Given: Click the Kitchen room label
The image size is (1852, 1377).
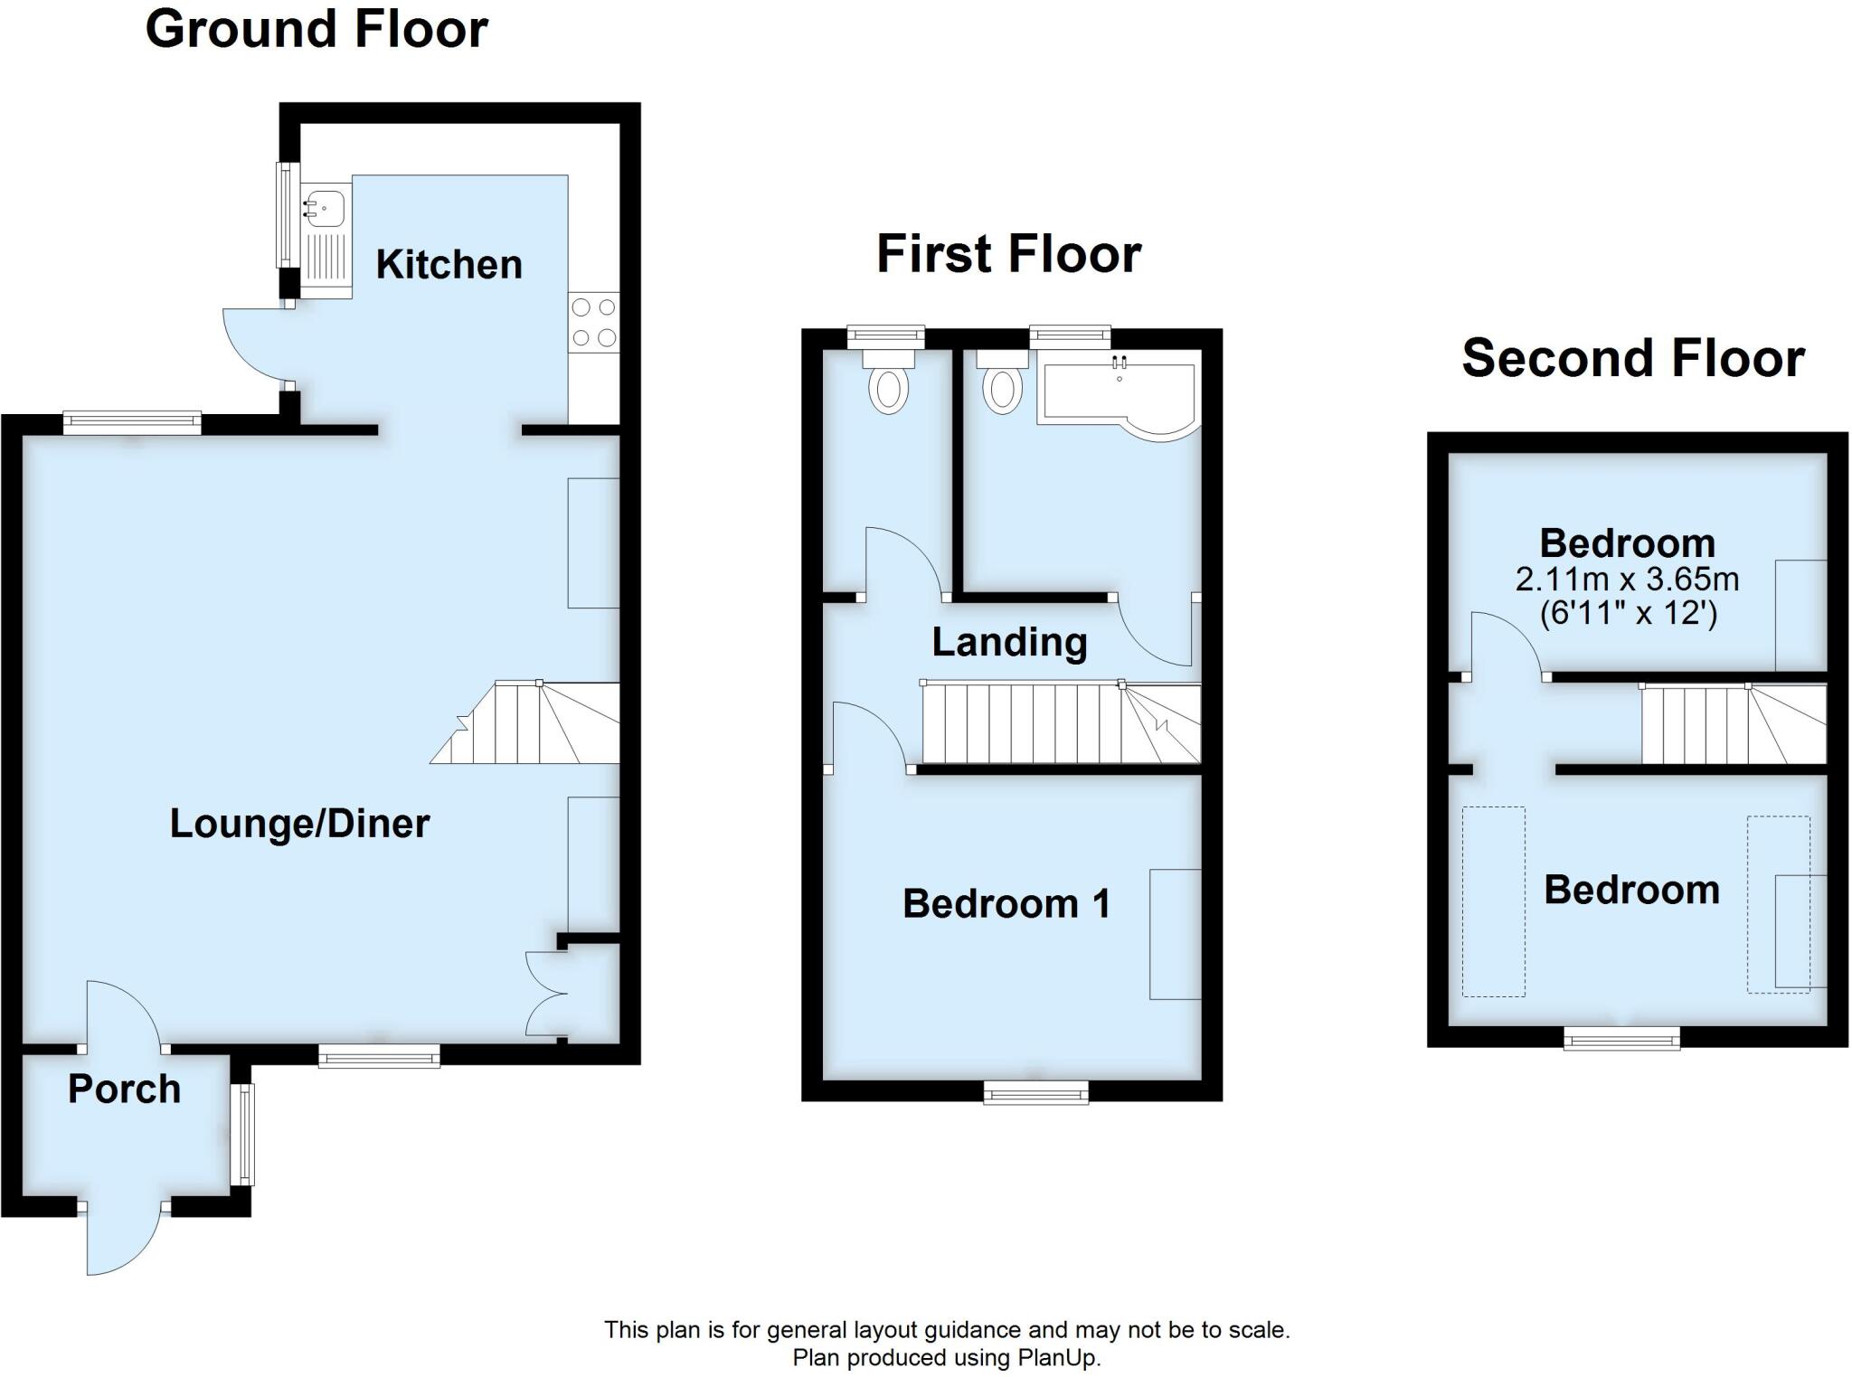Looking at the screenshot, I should click(449, 265).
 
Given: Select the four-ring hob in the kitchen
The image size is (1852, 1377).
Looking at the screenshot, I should click(594, 323).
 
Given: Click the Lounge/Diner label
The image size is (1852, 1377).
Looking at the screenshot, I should click(299, 824).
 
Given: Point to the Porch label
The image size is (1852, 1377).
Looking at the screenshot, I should click(124, 1089).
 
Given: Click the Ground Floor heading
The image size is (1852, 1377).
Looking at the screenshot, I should click(317, 29).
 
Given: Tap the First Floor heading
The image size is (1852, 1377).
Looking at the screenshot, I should click(1008, 254).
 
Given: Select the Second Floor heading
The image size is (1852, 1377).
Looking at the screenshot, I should click(1633, 358).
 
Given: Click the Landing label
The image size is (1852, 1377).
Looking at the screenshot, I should click(1009, 642).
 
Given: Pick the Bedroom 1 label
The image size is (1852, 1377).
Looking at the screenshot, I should click(1006, 904).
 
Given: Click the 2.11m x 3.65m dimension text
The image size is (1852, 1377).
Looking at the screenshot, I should click(1627, 579).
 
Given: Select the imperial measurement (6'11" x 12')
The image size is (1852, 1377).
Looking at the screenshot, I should click(1628, 613).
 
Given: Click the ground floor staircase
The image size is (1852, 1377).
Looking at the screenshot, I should click(534, 723).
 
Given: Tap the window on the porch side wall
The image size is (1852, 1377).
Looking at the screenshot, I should click(242, 1135).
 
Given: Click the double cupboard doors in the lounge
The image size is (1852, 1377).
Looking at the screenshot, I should click(546, 994).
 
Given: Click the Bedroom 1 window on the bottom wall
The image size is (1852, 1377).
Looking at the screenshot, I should click(1036, 1093).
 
